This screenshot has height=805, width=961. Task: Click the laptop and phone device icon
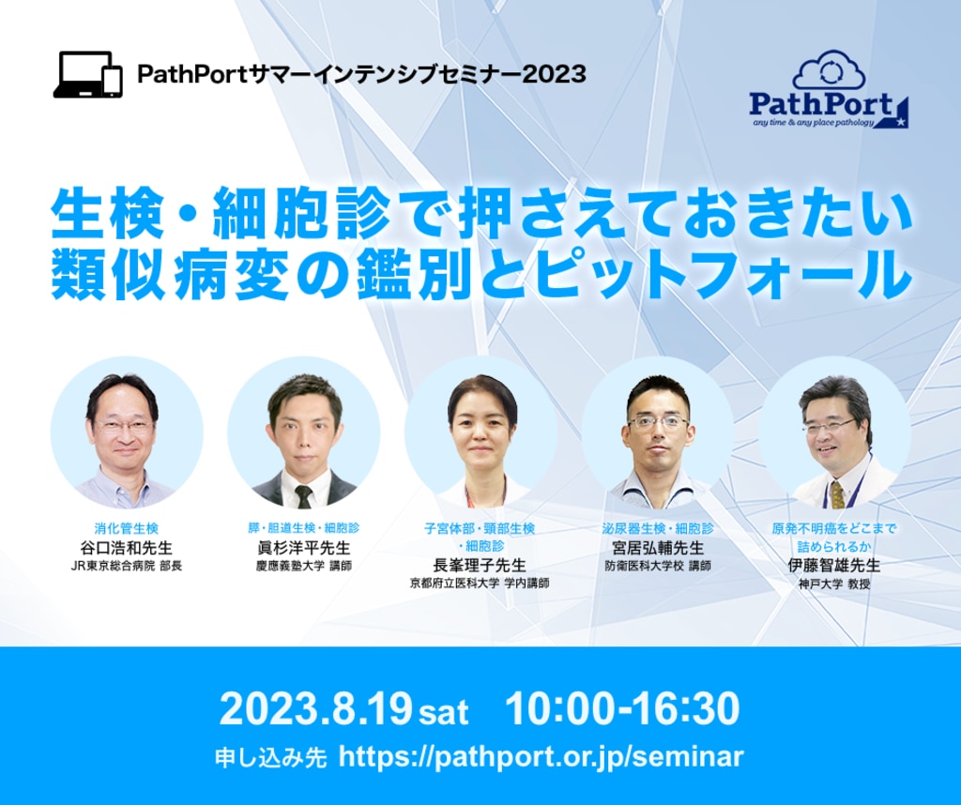(88, 74)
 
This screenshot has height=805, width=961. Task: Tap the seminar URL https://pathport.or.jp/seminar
(541, 757)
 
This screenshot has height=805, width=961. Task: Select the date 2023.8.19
(315, 709)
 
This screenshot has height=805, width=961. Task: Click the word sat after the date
(443, 713)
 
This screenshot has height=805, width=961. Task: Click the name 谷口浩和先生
(127, 548)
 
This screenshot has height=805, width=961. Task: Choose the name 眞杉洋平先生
(303, 548)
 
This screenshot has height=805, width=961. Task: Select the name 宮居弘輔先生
(657, 548)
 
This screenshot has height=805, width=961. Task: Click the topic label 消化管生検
(127, 529)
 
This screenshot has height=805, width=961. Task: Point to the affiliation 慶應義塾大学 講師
(303, 567)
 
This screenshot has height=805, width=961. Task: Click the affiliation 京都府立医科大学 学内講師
(480, 584)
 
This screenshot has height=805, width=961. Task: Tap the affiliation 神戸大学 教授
(833, 584)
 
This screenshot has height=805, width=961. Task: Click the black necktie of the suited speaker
(303, 494)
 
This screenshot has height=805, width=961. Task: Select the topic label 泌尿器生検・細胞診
(657, 529)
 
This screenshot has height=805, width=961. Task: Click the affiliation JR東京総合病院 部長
(127, 567)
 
